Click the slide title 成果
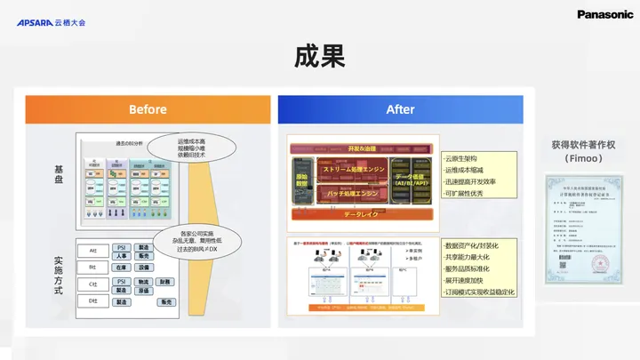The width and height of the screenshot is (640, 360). (x=319, y=56)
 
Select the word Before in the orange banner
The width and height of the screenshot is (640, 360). (x=148, y=109)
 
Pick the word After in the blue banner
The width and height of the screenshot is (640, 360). (x=400, y=109)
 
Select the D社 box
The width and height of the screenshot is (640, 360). (x=92, y=301)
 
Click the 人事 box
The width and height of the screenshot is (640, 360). (x=122, y=256)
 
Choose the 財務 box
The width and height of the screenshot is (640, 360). (x=165, y=282)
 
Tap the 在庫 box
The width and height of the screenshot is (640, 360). (x=122, y=267)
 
